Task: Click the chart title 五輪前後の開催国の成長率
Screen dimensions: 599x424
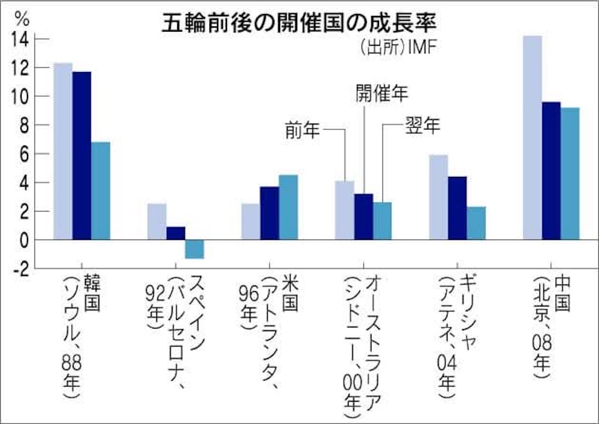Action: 299,23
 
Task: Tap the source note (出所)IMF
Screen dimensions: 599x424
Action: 397,48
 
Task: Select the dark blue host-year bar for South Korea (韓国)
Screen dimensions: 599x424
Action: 82,156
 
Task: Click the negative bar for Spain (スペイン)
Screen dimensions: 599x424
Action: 194,249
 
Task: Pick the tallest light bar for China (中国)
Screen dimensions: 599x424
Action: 532,138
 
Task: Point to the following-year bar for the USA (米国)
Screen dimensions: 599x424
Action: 288,207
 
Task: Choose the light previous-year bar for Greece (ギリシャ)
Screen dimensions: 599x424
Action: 439,197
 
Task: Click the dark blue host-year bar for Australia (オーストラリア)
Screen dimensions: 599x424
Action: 364,217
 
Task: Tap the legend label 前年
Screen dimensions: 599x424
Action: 302,131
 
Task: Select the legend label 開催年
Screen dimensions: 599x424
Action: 382,93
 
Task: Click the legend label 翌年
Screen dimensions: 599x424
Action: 422,125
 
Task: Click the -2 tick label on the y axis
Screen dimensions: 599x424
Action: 20,270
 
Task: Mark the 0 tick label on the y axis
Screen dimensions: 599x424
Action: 24,241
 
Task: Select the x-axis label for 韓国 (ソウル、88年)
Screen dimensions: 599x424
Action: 81,336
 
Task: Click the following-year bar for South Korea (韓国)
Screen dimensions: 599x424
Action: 101,191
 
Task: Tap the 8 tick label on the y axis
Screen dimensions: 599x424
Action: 24,125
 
